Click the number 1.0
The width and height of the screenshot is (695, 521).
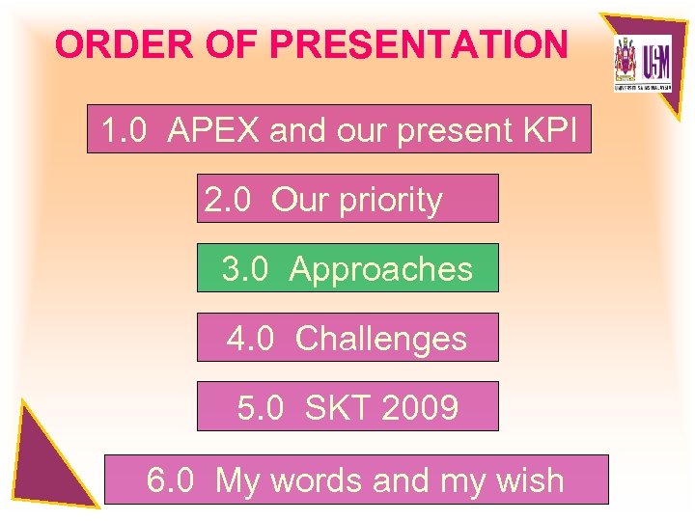pyautogui.click(x=124, y=130)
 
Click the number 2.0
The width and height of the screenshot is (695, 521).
pyautogui.click(x=228, y=200)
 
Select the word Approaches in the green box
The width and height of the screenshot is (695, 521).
pyautogui.click(x=381, y=269)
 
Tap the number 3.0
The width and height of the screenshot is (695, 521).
pyautogui.click(x=245, y=269)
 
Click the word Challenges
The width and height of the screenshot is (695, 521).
pyautogui.click(x=381, y=339)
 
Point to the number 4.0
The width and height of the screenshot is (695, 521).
pyautogui.click(x=251, y=339)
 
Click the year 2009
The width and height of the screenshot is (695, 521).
pyautogui.click(x=420, y=408)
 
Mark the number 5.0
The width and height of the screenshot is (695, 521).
pyautogui.click(x=261, y=408)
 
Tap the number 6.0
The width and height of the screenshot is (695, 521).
pyautogui.click(x=171, y=480)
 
